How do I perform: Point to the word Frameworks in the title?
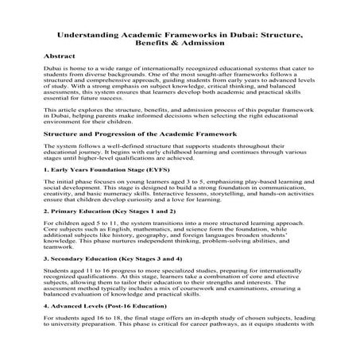click(186, 37)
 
